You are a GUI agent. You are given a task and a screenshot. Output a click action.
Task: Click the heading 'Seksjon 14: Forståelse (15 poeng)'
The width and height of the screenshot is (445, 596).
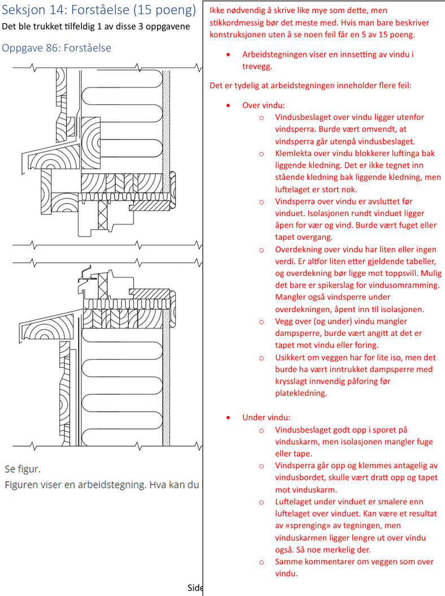[99, 10]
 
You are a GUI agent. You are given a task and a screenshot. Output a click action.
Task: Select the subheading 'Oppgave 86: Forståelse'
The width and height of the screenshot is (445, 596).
[56, 48]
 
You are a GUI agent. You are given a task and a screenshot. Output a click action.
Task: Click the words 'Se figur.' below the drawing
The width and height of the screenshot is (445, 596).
[23, 469]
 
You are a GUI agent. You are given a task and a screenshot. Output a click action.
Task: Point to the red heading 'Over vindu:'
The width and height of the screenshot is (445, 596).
[264, 105]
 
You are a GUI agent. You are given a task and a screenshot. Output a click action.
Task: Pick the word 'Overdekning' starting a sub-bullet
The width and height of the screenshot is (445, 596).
[300, 249]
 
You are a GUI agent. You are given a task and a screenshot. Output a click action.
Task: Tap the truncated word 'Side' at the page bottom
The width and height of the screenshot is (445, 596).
[195, 588]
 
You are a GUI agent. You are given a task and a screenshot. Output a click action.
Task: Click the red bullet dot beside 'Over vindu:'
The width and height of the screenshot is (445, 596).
[228, 105]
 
